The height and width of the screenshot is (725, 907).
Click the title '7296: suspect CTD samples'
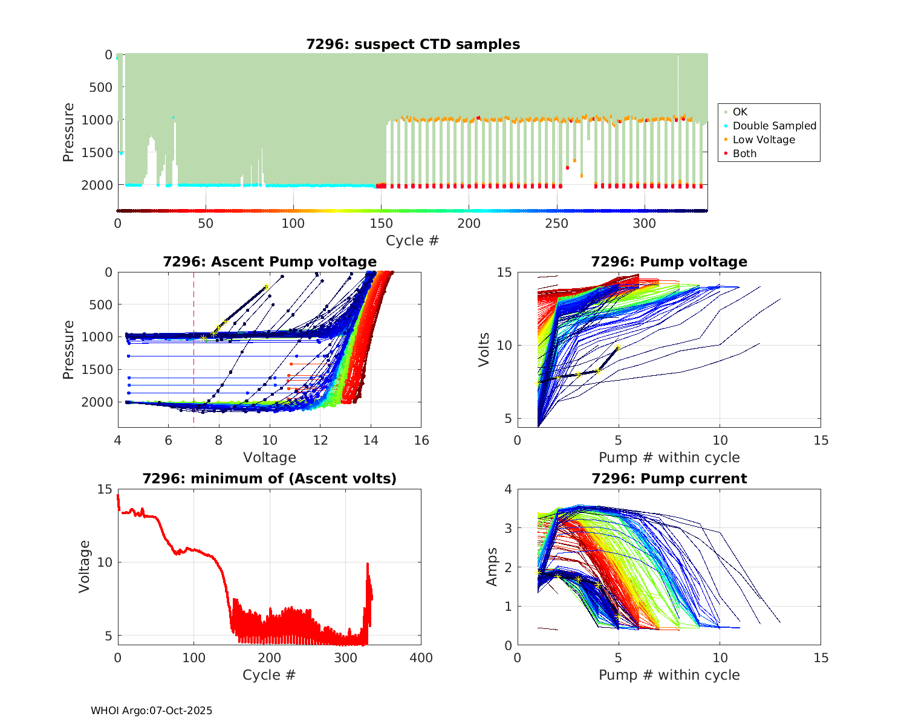point(413,44)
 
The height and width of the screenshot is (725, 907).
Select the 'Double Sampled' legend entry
point(774,126)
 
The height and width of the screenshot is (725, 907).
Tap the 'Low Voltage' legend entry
point(764,140)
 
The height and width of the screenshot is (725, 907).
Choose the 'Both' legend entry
point(744,153)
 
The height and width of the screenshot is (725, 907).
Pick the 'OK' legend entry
point(740,112)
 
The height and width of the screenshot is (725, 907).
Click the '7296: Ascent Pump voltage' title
point(270,262)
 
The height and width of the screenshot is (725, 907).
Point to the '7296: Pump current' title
point(669,478)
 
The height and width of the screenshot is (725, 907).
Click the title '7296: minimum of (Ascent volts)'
point(270,478)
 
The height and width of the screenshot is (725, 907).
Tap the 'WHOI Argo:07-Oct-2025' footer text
point(152,710)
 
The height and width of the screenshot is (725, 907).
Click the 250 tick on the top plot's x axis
point(557,224)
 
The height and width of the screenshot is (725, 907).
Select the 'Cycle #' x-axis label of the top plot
point(412,240)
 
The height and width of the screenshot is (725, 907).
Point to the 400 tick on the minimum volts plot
point(421,658)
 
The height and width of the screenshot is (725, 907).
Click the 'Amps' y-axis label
point(492,567)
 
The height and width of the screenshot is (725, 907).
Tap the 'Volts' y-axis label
point(484,350)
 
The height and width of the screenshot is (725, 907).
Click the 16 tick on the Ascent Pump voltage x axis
point(421,440)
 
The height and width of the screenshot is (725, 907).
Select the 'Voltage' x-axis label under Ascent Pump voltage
point(270,457)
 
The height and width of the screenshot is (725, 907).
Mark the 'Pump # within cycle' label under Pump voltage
point(669,457)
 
